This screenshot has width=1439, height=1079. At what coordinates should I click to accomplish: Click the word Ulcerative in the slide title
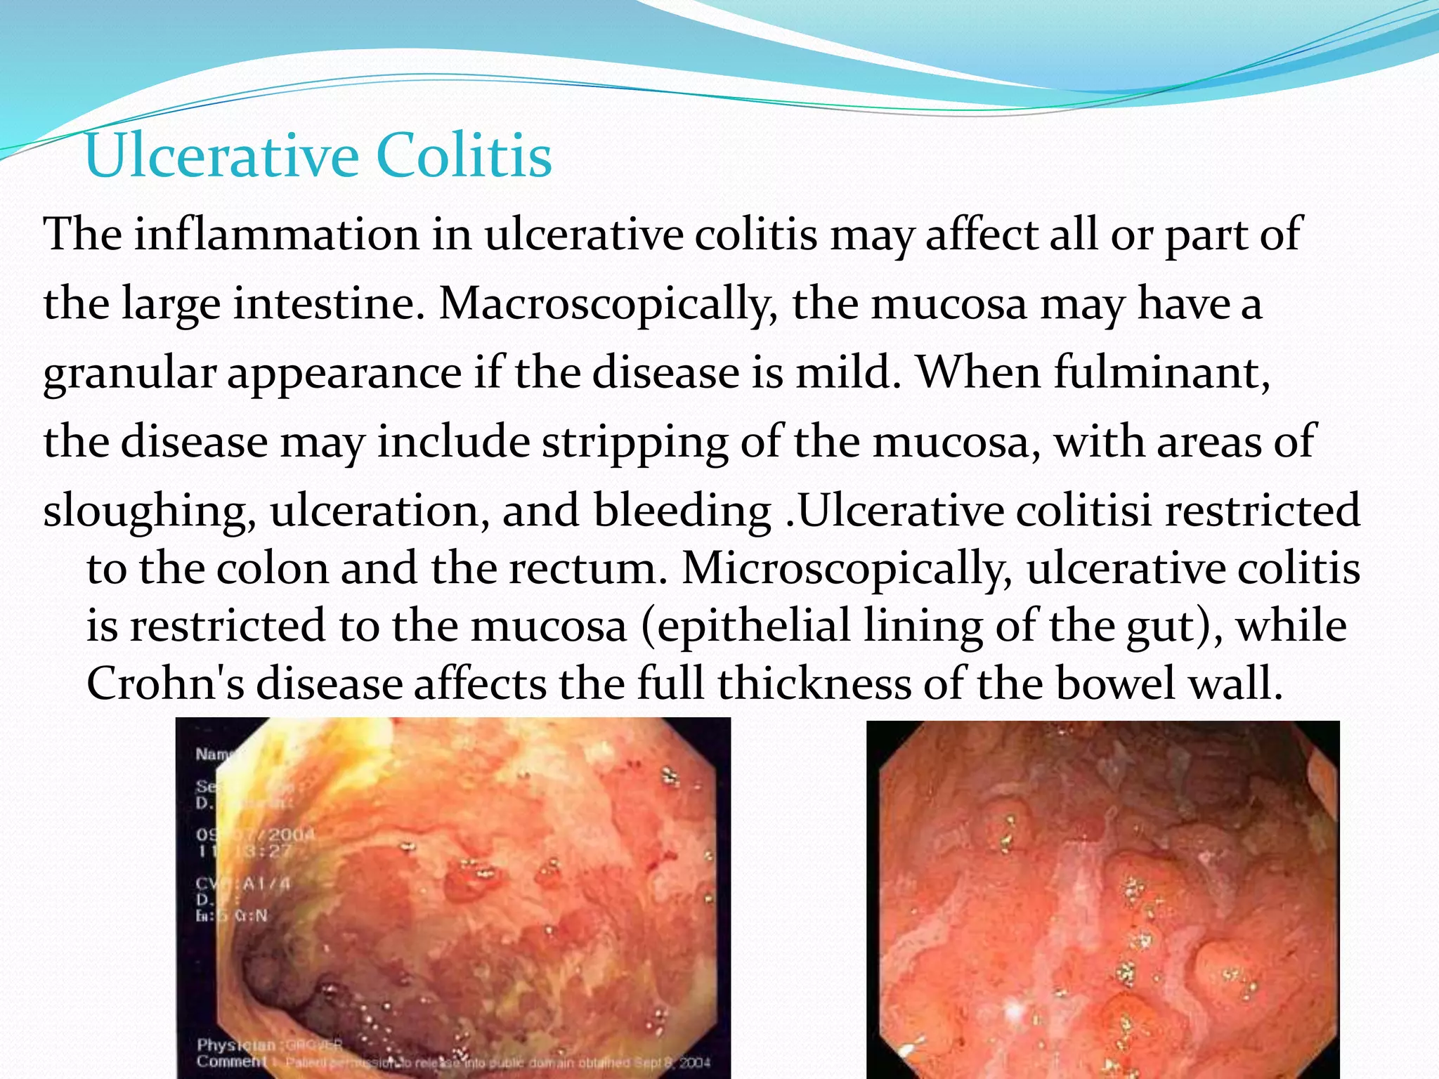click(223, 156)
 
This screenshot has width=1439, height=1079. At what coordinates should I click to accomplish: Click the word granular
click(129, 372)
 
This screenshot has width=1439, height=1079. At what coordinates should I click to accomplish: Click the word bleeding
click(682, 510)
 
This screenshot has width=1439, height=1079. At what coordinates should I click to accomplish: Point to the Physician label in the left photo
click(226, 1045)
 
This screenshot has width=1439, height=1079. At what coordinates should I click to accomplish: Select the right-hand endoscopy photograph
click(1102, 899)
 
